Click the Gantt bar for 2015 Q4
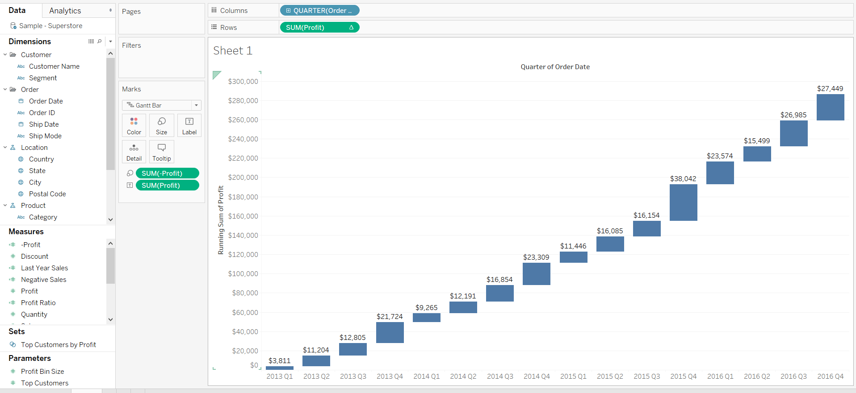click(x=683, y=202)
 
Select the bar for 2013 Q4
click(x=390, y=332)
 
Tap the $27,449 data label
click(x=830, y=89)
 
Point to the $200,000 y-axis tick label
click(x=243, y=178)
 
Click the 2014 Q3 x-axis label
click(x=500, y=376)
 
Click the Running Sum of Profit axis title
click(x=221, y=220)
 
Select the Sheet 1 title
click(x=233, y=51)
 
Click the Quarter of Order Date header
click(x=555, y=67)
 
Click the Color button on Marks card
click(x=134, y=125)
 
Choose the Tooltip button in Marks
click(x=162, y=152)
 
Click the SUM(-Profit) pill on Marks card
click(x=167, y=174)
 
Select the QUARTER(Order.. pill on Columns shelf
click(x=320, y=11)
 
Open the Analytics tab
click(x=65, y=11)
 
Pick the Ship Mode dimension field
click(x=45, y=136)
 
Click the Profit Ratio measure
click(x=38, y=303)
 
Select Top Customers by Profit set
click(x=59, y=345)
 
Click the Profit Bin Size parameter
click(x=42, y=372)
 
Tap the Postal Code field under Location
click(x=47, y=194)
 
